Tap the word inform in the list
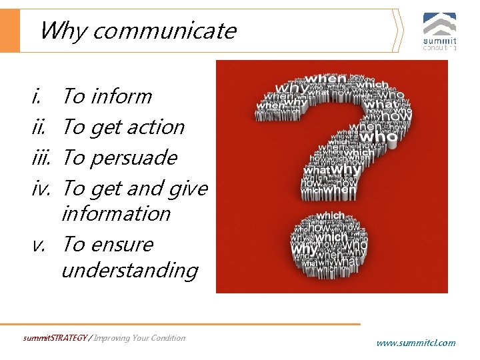point(121,97)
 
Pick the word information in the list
point(116,214)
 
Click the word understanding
point(129,271)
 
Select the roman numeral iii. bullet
point(44,158)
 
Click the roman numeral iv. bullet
point(44,189)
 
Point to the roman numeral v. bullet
point(39,245)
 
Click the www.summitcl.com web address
point(416,343)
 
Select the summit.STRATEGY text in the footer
point(55,338)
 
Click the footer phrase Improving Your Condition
point(139,338)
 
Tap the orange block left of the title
point(10,31)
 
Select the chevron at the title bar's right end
point(398,31)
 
